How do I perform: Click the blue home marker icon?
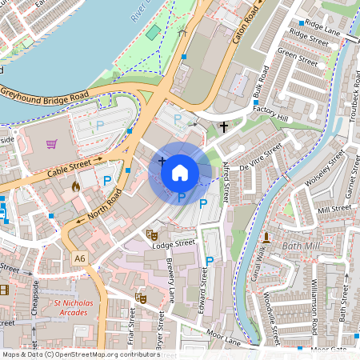click(180, 172)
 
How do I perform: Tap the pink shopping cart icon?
click(52, 144)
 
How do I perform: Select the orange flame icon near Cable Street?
click(77, 186)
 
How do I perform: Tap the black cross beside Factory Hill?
click(223, 126)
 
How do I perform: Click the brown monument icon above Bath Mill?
click(266, 238)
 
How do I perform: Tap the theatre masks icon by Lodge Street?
click(150, 234)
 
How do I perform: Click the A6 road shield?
click(79, 258)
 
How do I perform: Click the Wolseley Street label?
click(323, 168)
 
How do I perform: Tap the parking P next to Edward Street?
click(210, 261)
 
